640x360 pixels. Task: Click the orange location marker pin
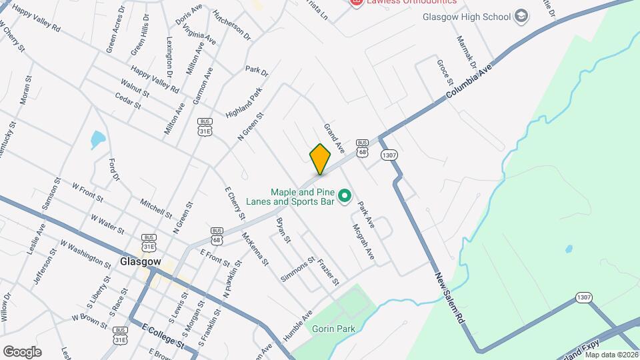coord(321,159)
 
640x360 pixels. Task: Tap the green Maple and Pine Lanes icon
coord(345,196)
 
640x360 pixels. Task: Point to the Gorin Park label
coord(333,329)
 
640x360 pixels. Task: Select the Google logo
coord(22,351)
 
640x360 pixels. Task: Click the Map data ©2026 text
coord(611,355)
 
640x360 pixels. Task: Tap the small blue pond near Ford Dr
coord(98,139)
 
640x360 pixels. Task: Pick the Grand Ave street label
coord(333,136)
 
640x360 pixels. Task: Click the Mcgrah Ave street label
coord(363,241)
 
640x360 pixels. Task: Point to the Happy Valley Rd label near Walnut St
coord(155,79)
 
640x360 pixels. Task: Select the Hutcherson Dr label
coord(231,24)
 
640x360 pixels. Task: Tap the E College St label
coord(163,335)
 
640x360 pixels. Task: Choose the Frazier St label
coord(329,270)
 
